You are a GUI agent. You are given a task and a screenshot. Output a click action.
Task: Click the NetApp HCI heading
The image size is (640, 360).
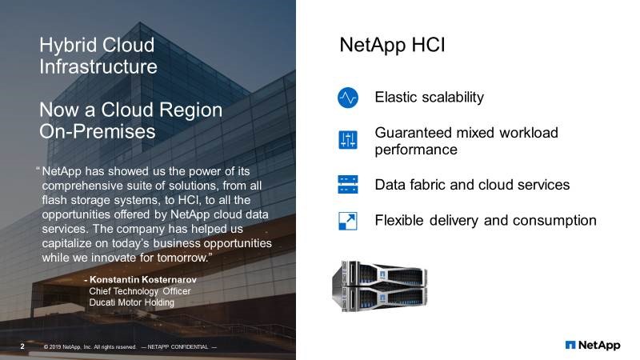tap(392, 45)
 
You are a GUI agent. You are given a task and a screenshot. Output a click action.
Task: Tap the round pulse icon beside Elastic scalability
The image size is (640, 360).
tap(348, 98)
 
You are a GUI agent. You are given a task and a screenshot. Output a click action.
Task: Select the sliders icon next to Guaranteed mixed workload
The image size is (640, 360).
tap(348, 139)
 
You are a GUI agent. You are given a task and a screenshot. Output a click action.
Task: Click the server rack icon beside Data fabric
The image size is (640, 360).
tap(348, 185)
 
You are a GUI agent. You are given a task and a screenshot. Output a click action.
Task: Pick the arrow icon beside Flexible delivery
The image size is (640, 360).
tap(348, 221)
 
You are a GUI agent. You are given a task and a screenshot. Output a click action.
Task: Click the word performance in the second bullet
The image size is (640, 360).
tap(416, 150)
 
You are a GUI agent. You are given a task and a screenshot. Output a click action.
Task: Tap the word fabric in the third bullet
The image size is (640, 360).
tap(427, 185)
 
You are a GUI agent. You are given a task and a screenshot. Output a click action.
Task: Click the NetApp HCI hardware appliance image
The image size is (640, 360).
tap(380, 286)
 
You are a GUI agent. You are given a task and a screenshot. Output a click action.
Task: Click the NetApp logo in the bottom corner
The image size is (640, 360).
tap(593, 346)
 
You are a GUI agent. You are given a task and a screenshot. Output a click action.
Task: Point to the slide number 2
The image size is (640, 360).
tap(22, 346)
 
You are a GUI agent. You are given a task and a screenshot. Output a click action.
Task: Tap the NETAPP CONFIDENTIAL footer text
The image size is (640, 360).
tap(178, 347)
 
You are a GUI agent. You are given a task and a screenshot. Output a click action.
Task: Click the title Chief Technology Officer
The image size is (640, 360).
tap(139, 291)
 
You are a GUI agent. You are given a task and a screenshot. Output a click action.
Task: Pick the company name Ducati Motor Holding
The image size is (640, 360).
tap(131, 302)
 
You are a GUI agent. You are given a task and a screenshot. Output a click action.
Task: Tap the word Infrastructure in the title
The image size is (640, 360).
tap(98, 66)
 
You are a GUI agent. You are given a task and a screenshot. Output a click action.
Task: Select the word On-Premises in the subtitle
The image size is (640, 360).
tap(98, 131)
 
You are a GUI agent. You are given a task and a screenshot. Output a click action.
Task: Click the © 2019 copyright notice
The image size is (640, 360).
tap(90, 347)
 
